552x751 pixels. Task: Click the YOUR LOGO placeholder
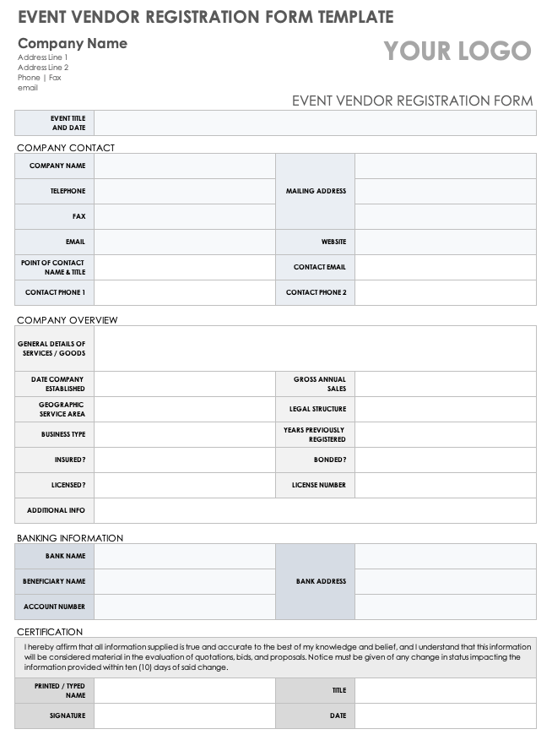[x=457, y=52]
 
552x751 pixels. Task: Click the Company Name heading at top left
[x=73, y=43]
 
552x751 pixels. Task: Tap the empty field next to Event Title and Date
[x=314, y=123]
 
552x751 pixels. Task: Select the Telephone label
[x=68, y=191]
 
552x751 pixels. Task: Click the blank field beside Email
[x=184, y=242]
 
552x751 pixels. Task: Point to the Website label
[x=333, y=242]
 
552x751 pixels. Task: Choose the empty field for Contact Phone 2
[x=445, y=292]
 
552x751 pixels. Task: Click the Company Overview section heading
[x=68, y=320]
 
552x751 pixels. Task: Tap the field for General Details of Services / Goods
[x=314, y=348]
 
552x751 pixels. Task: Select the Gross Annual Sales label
[x=320, y=384]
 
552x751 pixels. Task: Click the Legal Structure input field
[x=445, y=409]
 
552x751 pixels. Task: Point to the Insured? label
[x=70, y=460]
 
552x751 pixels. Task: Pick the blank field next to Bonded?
[x=445, y=460]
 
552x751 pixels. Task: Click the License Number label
[x=319, y=485]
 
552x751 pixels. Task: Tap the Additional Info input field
[x=314, y=510]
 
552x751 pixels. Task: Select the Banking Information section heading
[x=70, y=538]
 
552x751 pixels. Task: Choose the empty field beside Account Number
[x=184, y=607]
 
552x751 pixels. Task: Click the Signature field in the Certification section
[x=184, y=716]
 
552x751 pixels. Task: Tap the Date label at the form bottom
[x=338, y=716]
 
